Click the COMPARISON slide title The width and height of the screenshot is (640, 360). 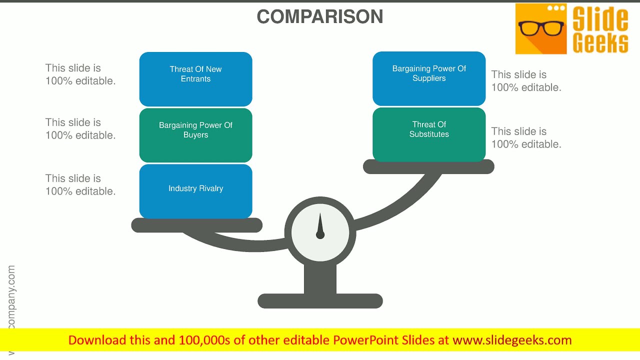click(320, 16)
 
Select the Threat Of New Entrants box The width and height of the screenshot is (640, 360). click(195, 78)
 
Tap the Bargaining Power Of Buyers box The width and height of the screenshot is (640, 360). click(195, 135)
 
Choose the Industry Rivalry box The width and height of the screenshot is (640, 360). click(195, 191)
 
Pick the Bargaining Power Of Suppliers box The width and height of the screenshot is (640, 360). click(429, 78)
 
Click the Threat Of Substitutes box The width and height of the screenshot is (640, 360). click(429, 134)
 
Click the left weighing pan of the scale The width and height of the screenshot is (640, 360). click(196, 225)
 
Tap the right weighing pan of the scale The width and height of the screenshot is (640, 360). click(428, 167)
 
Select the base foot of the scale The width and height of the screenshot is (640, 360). click(320, 301)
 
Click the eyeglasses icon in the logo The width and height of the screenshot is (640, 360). click(540, 28)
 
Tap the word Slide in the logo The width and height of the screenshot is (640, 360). click(600, 19)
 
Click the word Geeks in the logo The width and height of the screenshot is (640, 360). click(600, 43)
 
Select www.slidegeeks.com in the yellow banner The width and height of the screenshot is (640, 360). click(512, 340)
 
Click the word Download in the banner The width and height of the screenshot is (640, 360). click(97, 340)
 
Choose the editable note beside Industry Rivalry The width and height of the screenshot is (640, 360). click(80, 184)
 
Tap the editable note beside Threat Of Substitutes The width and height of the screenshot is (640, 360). click(526, 137)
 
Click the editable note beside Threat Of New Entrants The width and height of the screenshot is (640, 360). click(80, 74)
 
